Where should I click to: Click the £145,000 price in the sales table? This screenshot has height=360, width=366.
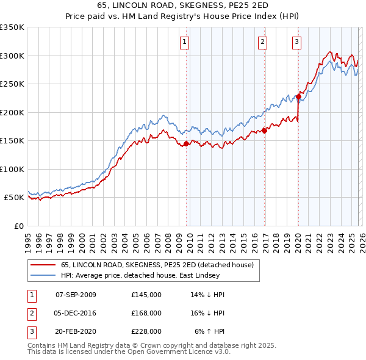coord(146,295)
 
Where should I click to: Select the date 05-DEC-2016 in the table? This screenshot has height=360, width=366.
coord(76,313)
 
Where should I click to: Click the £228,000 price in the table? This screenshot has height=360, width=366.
coord(146,331)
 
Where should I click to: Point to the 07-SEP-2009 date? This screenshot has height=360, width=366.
coord(76,295)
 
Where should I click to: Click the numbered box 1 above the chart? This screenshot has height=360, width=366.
coord(185,42)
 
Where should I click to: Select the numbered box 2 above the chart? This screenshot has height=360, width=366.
coord(262,42)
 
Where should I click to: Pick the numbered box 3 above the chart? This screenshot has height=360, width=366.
coord(296,42)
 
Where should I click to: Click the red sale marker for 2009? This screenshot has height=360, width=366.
coord(186,144)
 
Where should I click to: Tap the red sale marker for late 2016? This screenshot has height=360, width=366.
coord(264,130)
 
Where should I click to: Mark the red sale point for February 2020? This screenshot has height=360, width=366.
coord(299,96)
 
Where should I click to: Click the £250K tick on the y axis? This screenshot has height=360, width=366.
coord(12,84)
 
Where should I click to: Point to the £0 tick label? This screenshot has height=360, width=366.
coord(18,226)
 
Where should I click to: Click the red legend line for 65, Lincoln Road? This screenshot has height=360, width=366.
coord(43,265)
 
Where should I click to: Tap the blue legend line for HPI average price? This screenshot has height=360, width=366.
coord(43,275)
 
